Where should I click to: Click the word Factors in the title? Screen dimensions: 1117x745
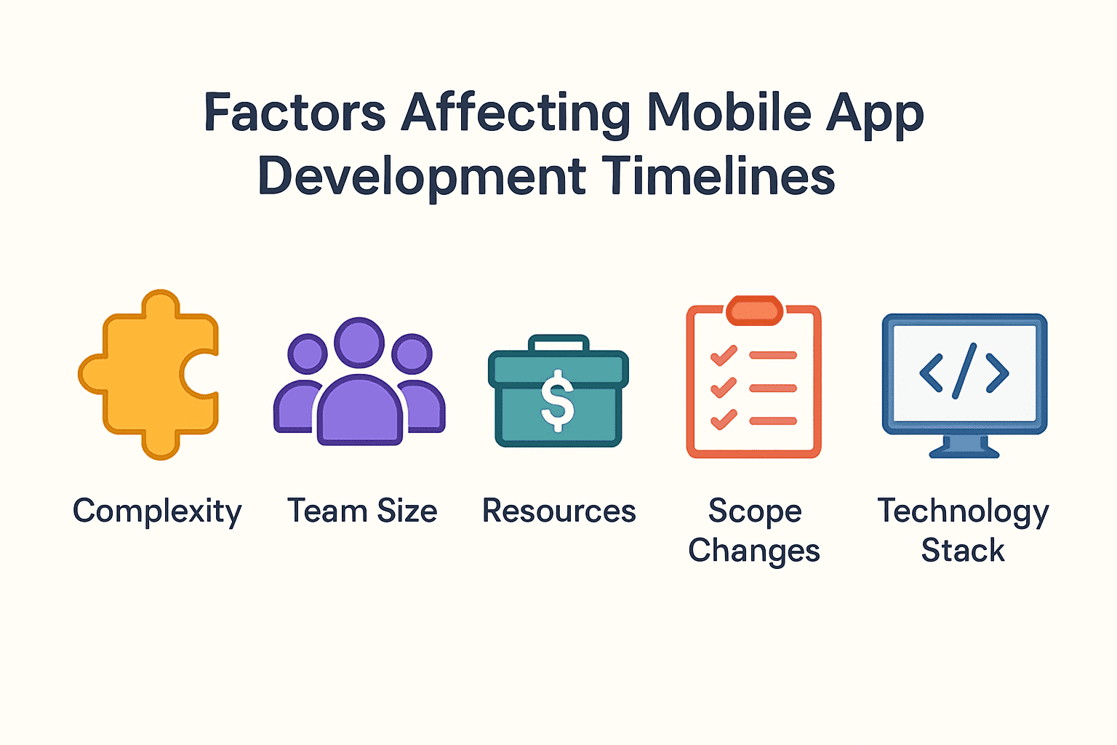pos(295,112)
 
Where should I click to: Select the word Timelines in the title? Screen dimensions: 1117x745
pos(718,175)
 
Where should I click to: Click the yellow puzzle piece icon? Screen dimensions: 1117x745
pos(148,374)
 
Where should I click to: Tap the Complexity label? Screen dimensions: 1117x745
pos(157,512)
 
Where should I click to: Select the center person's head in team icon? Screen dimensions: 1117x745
pos(359,343)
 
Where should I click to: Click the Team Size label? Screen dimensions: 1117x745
pos(362,511)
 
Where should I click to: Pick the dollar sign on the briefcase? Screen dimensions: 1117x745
pos(558,400)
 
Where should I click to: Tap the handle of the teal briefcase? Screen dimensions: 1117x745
pos(558,343)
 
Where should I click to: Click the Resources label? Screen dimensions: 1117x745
pos(559,511)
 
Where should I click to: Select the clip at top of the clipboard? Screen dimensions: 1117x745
pos(754,311)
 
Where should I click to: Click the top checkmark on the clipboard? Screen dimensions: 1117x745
pos(724,355)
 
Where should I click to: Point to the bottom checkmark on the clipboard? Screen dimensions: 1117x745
pos(724,419)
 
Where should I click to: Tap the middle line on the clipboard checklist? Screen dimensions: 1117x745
pos(773,389)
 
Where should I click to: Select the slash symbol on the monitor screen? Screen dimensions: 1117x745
pos(964,371)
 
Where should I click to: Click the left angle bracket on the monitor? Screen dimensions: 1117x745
pos(931,372)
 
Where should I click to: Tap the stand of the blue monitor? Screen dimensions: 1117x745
pos(964,447)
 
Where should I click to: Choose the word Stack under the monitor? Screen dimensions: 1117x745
pos(962,551)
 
